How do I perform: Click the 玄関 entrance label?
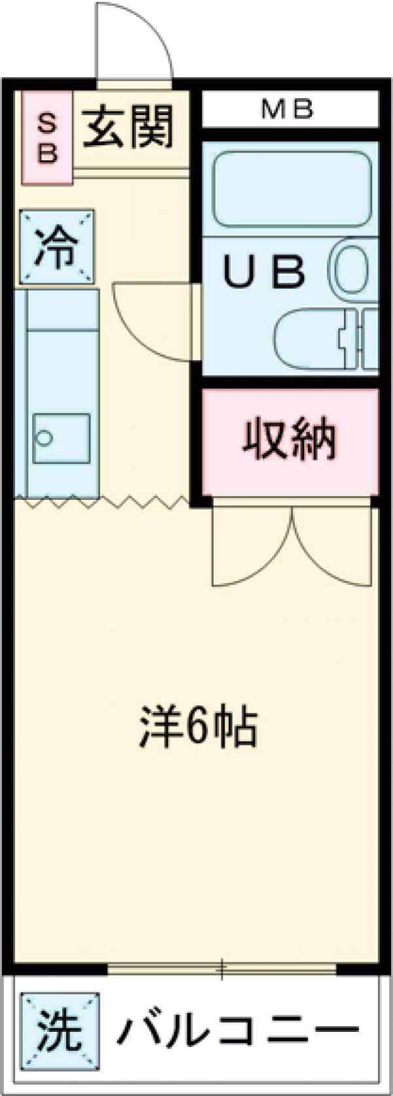click(x=129, y=127)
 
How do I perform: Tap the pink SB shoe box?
click(x=47, y=137)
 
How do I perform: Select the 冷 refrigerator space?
click(x=56, y=247)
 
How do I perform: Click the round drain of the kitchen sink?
click(x=45, y=437)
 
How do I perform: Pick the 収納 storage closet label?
click(x=290, y=440)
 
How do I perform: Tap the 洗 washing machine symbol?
click(x=60, y=1030)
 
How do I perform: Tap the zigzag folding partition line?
click(x=105, y=503)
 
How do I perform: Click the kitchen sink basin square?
click(x=62, y=438)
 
